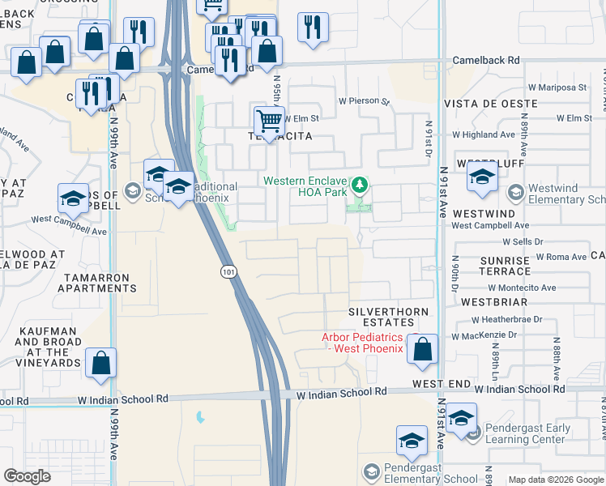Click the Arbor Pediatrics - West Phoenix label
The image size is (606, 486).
point(362,343)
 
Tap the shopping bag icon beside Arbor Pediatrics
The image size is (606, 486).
point(422,349)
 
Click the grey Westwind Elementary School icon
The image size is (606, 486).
point(514,192)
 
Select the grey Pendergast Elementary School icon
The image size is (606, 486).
point(371,471)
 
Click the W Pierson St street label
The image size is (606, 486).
point(364,102)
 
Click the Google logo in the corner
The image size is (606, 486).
point(27,476)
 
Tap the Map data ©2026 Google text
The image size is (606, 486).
point(555,480)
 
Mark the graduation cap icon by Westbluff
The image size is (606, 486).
point(482,178)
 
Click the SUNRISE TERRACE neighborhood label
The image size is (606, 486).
point(504,266)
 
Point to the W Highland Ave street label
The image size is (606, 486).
point(484,134)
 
